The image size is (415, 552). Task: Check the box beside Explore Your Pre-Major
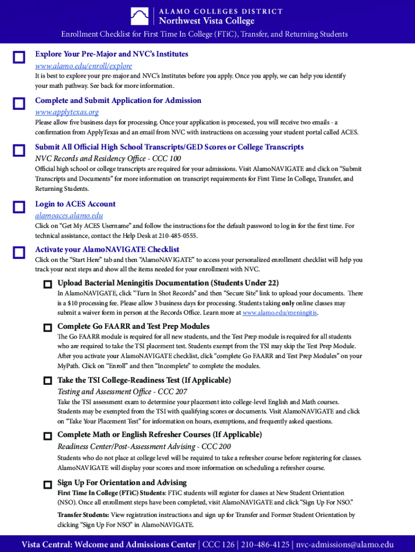19,58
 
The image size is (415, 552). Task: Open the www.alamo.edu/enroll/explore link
84,66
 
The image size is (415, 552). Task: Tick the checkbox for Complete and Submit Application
19,104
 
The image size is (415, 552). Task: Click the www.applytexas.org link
67,112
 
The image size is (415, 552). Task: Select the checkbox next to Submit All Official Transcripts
19,150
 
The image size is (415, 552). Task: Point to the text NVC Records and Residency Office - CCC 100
108,158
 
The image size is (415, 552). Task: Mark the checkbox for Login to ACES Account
19,208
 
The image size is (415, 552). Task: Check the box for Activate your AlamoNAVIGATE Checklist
19,253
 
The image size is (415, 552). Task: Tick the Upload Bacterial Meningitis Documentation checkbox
47,284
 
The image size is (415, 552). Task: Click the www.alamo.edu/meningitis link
280,313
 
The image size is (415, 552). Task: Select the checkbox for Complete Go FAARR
47,327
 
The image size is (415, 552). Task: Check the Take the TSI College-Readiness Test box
47,381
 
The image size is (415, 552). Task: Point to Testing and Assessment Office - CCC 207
122,392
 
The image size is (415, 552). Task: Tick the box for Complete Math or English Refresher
47,436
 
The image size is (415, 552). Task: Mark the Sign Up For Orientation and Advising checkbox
47,484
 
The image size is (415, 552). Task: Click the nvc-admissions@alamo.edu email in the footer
345,544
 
